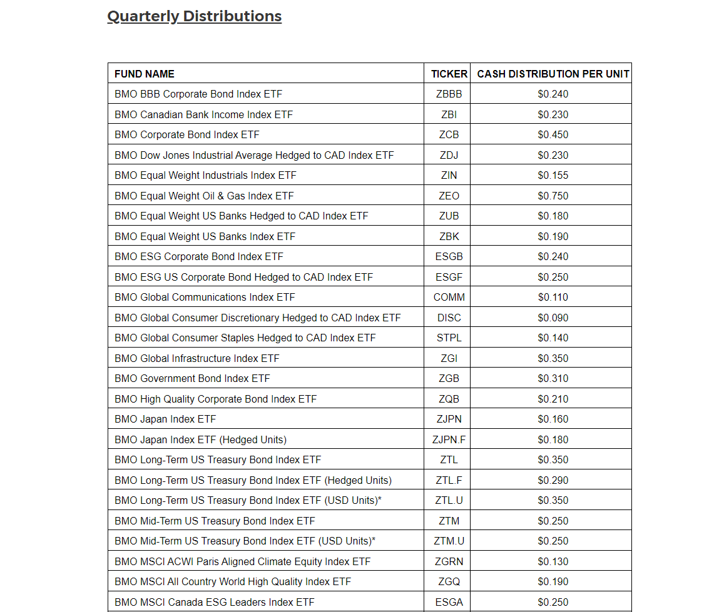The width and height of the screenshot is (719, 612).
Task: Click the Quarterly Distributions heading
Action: tap(195, 16)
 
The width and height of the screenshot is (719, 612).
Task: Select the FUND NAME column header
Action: tap(145, 74)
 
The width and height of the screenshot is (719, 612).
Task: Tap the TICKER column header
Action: tap(449, 74)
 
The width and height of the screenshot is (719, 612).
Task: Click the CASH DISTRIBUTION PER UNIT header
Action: tap(553, 74)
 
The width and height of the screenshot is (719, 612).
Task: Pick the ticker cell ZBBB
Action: tap(449, 94)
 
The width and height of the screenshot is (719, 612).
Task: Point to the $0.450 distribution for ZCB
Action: tap(553, 135)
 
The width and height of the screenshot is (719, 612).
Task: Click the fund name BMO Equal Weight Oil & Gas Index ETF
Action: tap(204, 196)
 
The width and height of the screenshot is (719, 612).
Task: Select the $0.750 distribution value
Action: tap(553, 196)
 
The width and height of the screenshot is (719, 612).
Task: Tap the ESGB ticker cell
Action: tap(449, 257)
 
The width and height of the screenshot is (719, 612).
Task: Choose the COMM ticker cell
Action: tap(449, 298)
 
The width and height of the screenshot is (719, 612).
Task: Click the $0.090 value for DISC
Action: tap(553, 318)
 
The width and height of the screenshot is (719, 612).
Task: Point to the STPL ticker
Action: tap(449, 338)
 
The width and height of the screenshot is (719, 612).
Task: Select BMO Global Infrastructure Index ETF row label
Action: tap(197, 358)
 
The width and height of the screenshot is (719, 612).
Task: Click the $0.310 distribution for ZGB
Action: tap(553, 379)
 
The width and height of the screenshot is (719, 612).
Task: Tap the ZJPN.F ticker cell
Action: tap(449, 439)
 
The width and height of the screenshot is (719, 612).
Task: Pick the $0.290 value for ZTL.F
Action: tap(553, 480)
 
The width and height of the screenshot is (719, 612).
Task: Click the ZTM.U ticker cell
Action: tap(449, 541)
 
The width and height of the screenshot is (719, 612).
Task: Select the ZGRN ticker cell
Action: tap(449, 561)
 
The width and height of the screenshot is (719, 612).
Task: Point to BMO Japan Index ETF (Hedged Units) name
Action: tap(200, 439)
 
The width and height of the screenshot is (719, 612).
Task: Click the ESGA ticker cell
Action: tap(449, 602)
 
